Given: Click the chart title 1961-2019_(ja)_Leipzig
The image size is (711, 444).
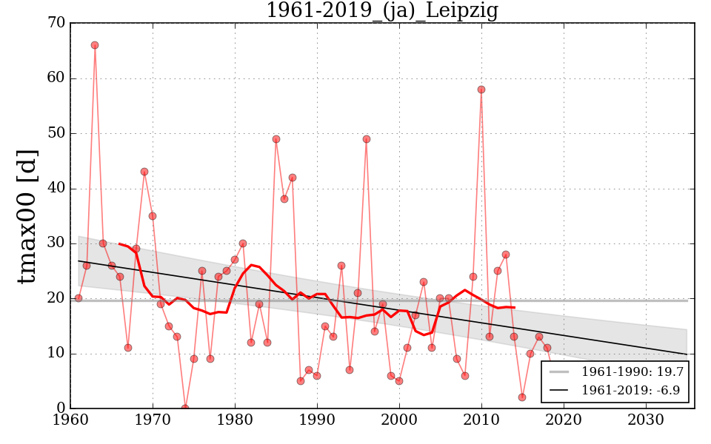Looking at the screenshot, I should [381, 10].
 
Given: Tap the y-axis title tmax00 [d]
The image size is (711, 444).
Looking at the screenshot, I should [27, 215].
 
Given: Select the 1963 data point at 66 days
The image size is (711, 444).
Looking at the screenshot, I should [95, 45].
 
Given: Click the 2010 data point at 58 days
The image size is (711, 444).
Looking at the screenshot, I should [481, 90].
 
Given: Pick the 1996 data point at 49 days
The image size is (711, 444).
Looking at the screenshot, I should [367, 139].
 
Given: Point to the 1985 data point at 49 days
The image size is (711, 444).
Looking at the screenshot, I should [276, 139].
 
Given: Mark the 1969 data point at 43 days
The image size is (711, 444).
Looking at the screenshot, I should [144, 172].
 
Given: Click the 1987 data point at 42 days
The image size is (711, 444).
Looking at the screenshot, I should [293, 178].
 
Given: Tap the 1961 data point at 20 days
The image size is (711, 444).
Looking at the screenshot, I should [79, 298].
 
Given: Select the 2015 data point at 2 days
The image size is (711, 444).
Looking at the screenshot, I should [522, 397].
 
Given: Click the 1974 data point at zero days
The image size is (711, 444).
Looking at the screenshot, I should [185, 408].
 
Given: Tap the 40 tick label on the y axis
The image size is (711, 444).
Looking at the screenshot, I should [56, 189].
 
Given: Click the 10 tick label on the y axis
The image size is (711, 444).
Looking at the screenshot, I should [56, 354].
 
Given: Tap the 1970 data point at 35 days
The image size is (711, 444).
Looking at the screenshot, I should [153, 216].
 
